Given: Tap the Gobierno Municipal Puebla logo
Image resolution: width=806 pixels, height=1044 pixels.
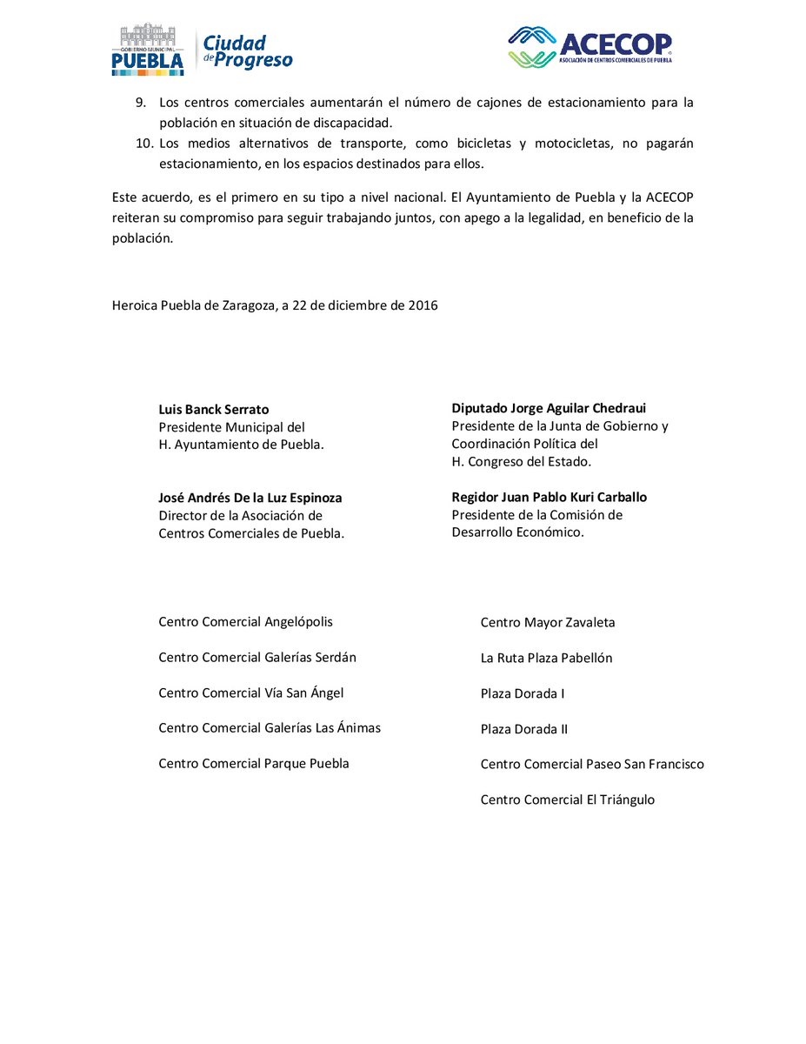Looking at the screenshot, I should pos(148,50).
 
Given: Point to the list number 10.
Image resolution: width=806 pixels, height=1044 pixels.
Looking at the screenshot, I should pos(144,144).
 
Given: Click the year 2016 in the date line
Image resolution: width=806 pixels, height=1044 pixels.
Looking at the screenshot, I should pos(423,306).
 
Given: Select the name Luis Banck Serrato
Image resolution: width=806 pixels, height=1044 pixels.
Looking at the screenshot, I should pos(214,409).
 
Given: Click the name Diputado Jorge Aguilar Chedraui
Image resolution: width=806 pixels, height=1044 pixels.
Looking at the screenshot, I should pos(549,408).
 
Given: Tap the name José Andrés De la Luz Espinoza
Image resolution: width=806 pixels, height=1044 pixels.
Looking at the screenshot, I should pos(250,499).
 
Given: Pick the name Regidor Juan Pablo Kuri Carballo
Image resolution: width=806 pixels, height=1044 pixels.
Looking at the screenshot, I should pos(549,498).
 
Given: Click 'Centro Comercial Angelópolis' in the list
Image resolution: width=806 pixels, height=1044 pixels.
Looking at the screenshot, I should pos(245,622).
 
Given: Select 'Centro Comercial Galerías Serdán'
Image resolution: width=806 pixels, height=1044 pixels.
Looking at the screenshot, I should pos(257,658).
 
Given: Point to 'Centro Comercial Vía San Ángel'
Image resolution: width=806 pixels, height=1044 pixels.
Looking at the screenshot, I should pos(251,693).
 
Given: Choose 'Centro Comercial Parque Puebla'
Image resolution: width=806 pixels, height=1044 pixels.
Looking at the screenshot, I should pos(254,764).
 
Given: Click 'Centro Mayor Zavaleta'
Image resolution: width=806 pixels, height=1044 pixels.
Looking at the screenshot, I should pos(548,623).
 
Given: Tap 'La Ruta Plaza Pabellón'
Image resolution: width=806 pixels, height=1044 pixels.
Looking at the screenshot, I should pos(546,659).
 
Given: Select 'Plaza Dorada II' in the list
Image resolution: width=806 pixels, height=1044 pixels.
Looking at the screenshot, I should pos(524,730).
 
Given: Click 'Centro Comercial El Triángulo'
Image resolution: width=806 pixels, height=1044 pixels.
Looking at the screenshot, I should pos(568,800).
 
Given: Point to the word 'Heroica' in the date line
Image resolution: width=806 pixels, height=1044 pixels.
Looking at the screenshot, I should pos(135,306).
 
